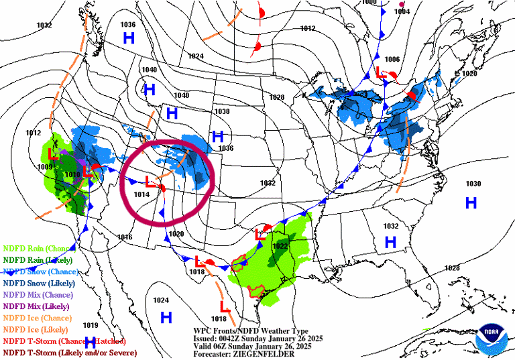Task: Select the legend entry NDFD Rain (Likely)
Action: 39,259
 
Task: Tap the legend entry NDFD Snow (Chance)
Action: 41,272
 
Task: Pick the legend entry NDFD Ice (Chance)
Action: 37,318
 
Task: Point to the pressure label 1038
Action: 222,111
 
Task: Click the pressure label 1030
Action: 473,184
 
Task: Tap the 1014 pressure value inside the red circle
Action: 141,194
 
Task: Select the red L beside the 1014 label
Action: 151,180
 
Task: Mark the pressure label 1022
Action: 280,246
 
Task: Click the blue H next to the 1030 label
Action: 471,202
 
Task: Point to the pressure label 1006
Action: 392,60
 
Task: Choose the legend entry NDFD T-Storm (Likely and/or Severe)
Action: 70,353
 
